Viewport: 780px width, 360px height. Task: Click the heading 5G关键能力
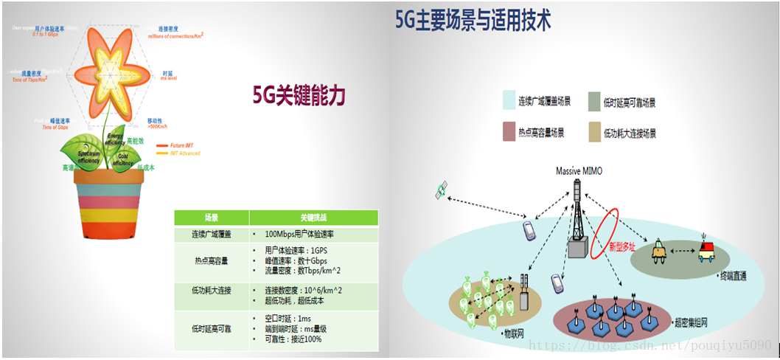[299, 96]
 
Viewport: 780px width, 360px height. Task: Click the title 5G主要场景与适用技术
[473, 19]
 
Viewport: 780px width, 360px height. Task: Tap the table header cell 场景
[211, 218]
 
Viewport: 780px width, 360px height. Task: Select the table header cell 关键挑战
[313, 218]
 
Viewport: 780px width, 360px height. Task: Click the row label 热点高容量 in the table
[211, 260]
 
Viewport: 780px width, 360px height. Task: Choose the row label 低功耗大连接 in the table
[211, 291]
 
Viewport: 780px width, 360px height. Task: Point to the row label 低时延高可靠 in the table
[211, 328]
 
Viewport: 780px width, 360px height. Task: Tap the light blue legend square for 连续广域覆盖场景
[508, 100]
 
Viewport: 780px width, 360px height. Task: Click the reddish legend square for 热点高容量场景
[508, 133]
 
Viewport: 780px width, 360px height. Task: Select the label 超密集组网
[692, 322]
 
